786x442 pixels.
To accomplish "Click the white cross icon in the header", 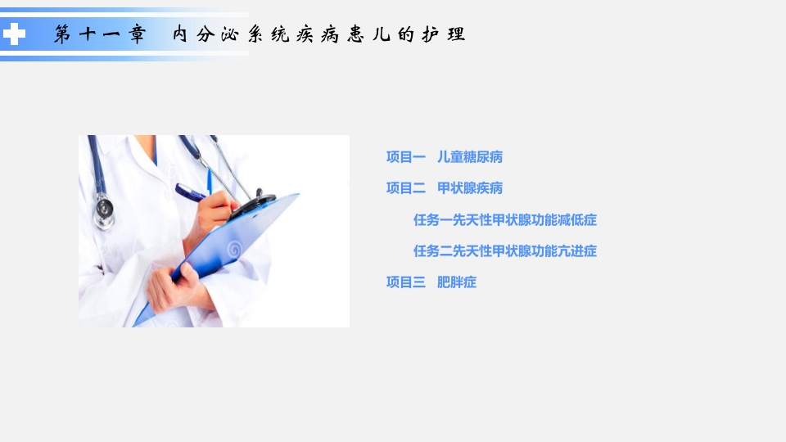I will point(15,34).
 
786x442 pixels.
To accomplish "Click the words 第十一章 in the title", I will point(100,34).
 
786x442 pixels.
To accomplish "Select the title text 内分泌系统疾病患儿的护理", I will point(318,34).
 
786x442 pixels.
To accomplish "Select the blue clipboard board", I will point(237,246).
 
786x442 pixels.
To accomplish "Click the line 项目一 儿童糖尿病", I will point(444,156).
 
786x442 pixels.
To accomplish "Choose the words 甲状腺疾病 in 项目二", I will point(470,187).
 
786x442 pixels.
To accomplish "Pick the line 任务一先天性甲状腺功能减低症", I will point(504,219).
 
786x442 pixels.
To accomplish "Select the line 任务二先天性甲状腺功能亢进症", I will point(504,250).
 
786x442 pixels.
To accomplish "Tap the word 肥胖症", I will point(457,282).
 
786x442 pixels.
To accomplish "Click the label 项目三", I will point(405,282).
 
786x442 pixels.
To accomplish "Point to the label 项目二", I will point(405,187).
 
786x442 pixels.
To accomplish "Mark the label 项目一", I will point(405,156).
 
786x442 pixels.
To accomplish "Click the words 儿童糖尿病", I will point(470,156).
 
